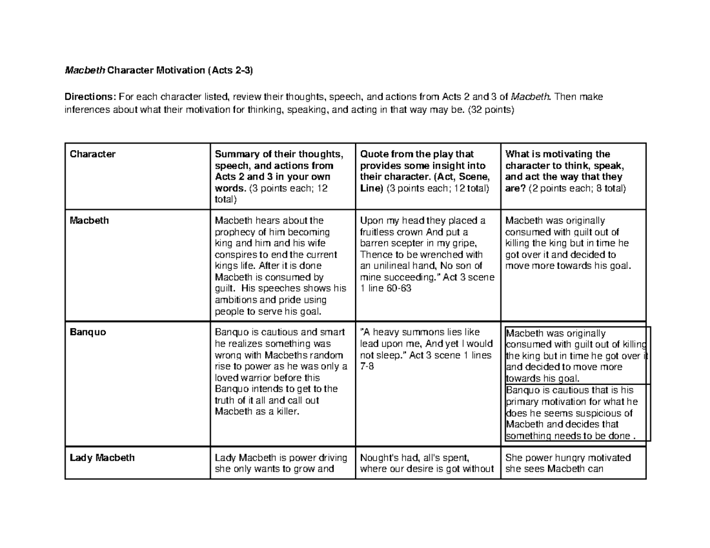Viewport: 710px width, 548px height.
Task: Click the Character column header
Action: tap(93, 154)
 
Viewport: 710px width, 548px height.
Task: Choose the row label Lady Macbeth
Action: tap(102, 458)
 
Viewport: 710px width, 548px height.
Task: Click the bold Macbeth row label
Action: tap(89, 221)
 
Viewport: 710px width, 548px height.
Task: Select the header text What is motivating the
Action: tap(557, 154)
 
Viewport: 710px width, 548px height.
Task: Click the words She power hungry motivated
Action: tap(568, 458)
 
